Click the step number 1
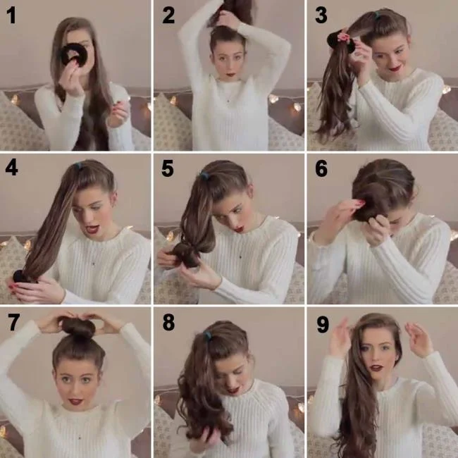(x=11, y=16)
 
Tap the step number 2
(x=168, y=15)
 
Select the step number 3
(x=321, y=15)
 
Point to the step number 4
(x=12, y=169)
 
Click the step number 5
(x=167, y=169)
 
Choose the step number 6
(x=321, y=169)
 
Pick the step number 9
(x=322, y=323)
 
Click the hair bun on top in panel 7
(x=78, y=327)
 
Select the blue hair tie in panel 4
(x=78, y=167)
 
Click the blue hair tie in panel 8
(x=207, y=337)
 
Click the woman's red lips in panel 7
(x=75, y=400)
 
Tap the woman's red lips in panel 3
(x=395, y=68)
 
